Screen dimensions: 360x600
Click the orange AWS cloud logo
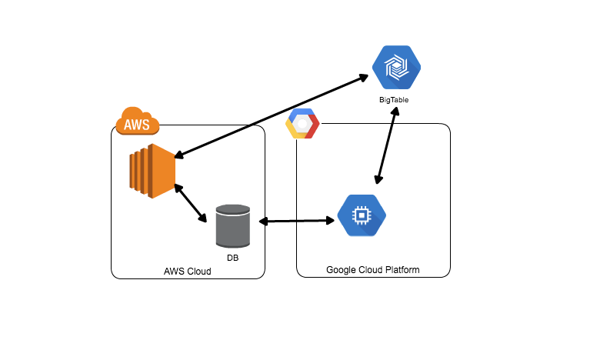click(x=138, y=122)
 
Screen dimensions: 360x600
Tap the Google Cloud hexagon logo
click(x=302, y=125)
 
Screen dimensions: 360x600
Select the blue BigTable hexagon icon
click(x=396, y=68)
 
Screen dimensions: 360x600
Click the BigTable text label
click(x=396, y=101)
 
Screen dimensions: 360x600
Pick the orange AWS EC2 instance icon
click(x=152, y=171)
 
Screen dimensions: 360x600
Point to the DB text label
click(x=233, y=258)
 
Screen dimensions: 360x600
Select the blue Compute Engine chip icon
click(x=362, y=216)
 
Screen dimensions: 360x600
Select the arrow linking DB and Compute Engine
click(x=298, y=222)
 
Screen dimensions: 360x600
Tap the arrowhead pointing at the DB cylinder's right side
click(x=263, y=222)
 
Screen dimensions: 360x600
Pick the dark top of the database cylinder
click(x=233, y=208)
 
